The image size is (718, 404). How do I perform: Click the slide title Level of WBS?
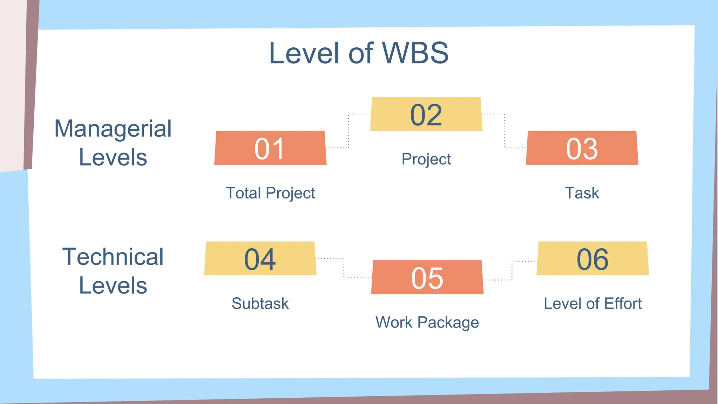point(358,53)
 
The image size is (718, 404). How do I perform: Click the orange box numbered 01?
point(270,148)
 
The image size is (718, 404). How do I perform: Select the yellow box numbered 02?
point(426,114)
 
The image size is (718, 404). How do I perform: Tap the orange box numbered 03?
point(582,148)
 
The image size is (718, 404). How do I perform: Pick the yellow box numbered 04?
point(260,258)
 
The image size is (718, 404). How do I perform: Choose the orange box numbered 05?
point(427,277)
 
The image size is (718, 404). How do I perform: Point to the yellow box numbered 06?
point(592,258)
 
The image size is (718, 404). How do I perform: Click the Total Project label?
point(270,193)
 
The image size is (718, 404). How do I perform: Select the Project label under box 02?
point(426,159)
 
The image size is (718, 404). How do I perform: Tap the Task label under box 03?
point(582,193)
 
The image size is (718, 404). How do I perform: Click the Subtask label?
point(260,304)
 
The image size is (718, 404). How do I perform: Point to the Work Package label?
point(427,322)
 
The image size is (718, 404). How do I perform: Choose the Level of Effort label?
point(592,304)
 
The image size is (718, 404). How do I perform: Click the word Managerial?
point(113,129)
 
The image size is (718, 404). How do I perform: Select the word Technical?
point(113,257)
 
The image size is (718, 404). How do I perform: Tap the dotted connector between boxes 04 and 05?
point(344,268)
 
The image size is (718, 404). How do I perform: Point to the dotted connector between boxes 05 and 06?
point(512,270)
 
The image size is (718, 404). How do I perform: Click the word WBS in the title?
point(415,53)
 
